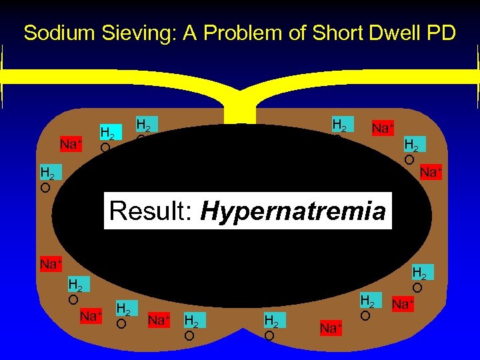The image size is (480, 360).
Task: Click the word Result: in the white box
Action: [x=151, y=211]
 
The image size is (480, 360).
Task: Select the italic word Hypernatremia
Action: [x=293, y=212]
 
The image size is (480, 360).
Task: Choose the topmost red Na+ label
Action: [x=382, y=127]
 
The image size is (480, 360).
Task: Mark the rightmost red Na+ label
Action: [x=430, y=173]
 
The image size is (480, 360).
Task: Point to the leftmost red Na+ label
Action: [x=50, y=264]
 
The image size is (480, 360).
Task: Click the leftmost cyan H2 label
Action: [x=47, y=173]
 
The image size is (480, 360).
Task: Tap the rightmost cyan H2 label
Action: [x=419, y=273]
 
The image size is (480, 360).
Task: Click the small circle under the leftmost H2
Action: [x=45, y=188]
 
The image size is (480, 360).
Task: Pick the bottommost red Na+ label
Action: [x=331, y=327]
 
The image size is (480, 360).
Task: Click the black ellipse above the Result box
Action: [x=240, y=160]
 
